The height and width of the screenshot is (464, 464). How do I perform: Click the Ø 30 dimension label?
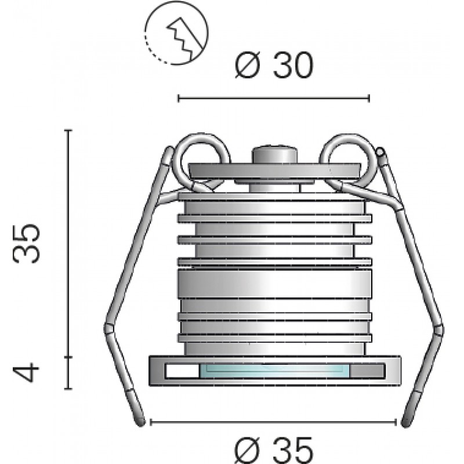[x=274, y=65]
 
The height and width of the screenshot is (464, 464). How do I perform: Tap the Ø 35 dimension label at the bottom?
[x=274, y=451]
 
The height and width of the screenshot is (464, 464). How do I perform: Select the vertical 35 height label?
[x=27, y=243]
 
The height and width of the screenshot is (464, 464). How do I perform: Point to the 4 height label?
[x=26, y=373]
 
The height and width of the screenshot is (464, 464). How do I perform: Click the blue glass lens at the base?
[x=274, y=371]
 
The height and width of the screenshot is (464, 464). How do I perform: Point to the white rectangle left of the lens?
[x=183, y=371]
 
